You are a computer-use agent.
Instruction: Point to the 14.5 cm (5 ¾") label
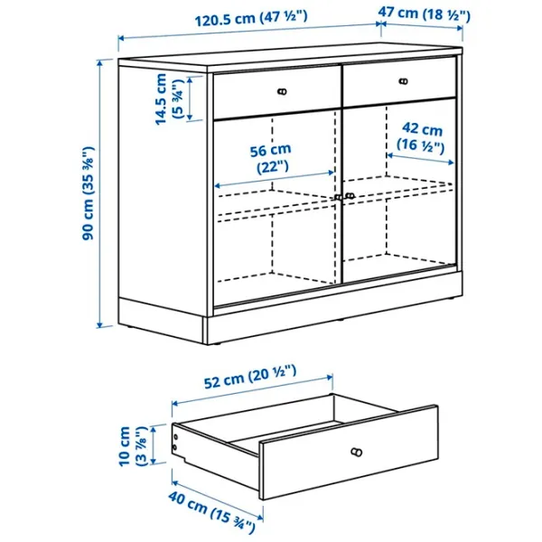coord(169,99)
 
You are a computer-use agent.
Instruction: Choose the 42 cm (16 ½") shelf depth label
coord(422,137)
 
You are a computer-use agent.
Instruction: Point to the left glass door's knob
coord(337,196)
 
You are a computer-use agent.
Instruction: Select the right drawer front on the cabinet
coord(397,83)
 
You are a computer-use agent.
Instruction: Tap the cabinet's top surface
coord(289,57)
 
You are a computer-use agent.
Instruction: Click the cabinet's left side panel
coord(163,199)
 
